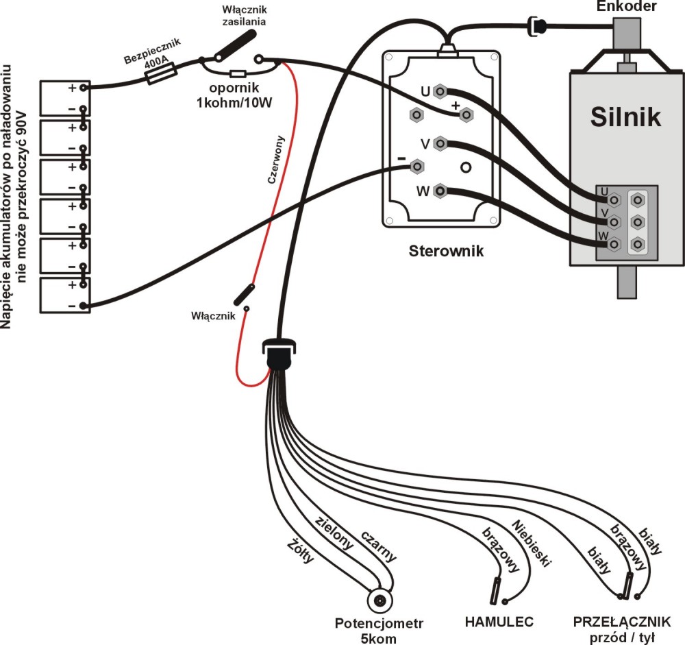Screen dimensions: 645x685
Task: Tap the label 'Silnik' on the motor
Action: point(626,117)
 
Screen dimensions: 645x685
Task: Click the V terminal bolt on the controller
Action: point(440,144)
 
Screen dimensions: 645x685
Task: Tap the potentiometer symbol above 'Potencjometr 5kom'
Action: point(379,602)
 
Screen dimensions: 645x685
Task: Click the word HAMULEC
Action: point(499,622)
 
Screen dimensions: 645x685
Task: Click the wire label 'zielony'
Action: point(334,533)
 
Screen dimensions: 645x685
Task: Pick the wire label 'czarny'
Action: point(378,546)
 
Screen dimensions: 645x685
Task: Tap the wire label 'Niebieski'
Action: point(532,544)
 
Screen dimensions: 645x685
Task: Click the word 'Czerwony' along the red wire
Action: point(280,158)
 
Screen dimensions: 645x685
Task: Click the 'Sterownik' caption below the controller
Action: point(446,251)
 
